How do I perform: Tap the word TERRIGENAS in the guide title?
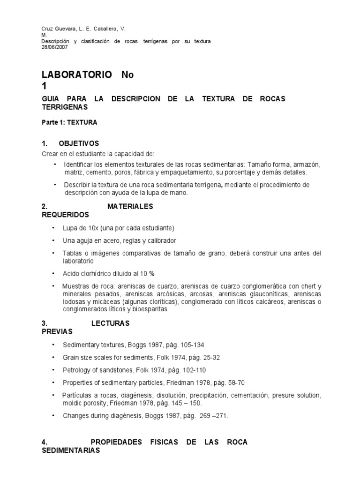click(x=65, y=107)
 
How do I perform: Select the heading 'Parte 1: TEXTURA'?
click(x=69, y=123)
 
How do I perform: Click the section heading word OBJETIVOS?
click(x=79, y=143)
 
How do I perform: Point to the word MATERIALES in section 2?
click(x=130, y=206)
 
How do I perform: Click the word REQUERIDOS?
click(x=65, y=215)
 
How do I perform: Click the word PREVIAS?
click(x=57, y=332)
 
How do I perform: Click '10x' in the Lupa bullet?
click(x=88, y=228)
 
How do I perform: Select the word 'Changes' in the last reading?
click(x=75, y=415)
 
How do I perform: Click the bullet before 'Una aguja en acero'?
click(x=54, y=240)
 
